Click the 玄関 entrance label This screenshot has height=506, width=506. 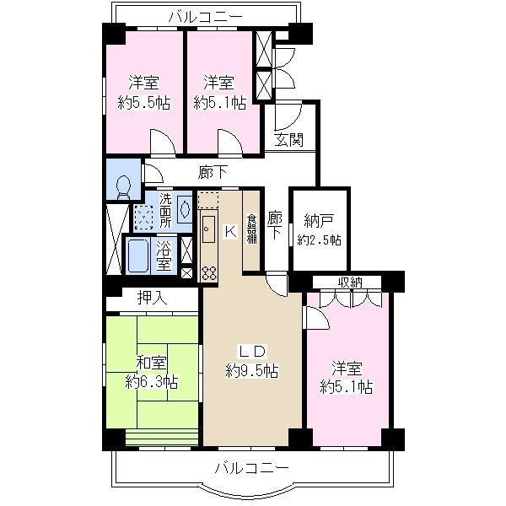[x=289, y=140]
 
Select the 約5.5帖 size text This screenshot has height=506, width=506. [x=143, y=103]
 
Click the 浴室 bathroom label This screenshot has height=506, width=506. [x=164, y=256]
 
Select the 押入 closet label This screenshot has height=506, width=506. [x=153, y=297]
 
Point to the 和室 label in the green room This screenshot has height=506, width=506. [x=152, y=363]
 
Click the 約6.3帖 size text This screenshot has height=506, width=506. [x=152, y=382]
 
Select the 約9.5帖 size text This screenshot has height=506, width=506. [x=252, y=371]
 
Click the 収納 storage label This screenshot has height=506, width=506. [x=352, y=283]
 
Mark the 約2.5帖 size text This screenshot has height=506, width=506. [x=320, y=240]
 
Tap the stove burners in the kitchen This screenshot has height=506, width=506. [x=208, y=272]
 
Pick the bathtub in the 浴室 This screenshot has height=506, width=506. [x=139, y=256]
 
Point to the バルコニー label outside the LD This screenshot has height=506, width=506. [x=251, y=466]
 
